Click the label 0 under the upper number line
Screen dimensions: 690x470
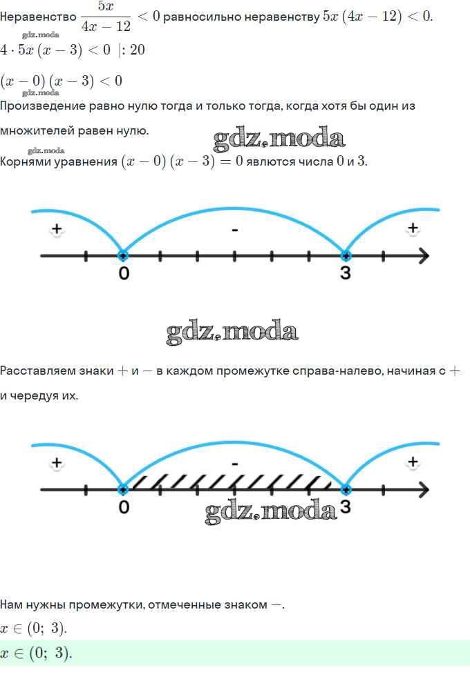tap(124, 273)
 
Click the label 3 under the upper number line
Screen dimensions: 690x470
tap(345, 273)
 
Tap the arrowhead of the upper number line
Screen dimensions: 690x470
tap(423, 256)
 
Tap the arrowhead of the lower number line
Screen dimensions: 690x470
tap(423, 490)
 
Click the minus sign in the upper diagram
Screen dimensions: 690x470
tap(235, 229)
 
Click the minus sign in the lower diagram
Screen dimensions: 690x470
tap(235, 464)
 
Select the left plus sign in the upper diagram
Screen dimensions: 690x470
tap(57, 229)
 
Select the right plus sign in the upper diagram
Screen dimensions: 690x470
tap(413, 228)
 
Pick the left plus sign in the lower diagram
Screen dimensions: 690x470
tap(57, 463)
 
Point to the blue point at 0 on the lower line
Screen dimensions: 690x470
tap(123, 490)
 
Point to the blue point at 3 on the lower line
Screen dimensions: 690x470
tap(346, 490)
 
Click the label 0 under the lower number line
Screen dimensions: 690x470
tap(124, 507)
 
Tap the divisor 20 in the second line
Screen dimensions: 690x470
tap(137, 50)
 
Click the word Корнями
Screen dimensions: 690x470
tap(29, 162)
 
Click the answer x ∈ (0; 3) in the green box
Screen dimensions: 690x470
tap(36, 653)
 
